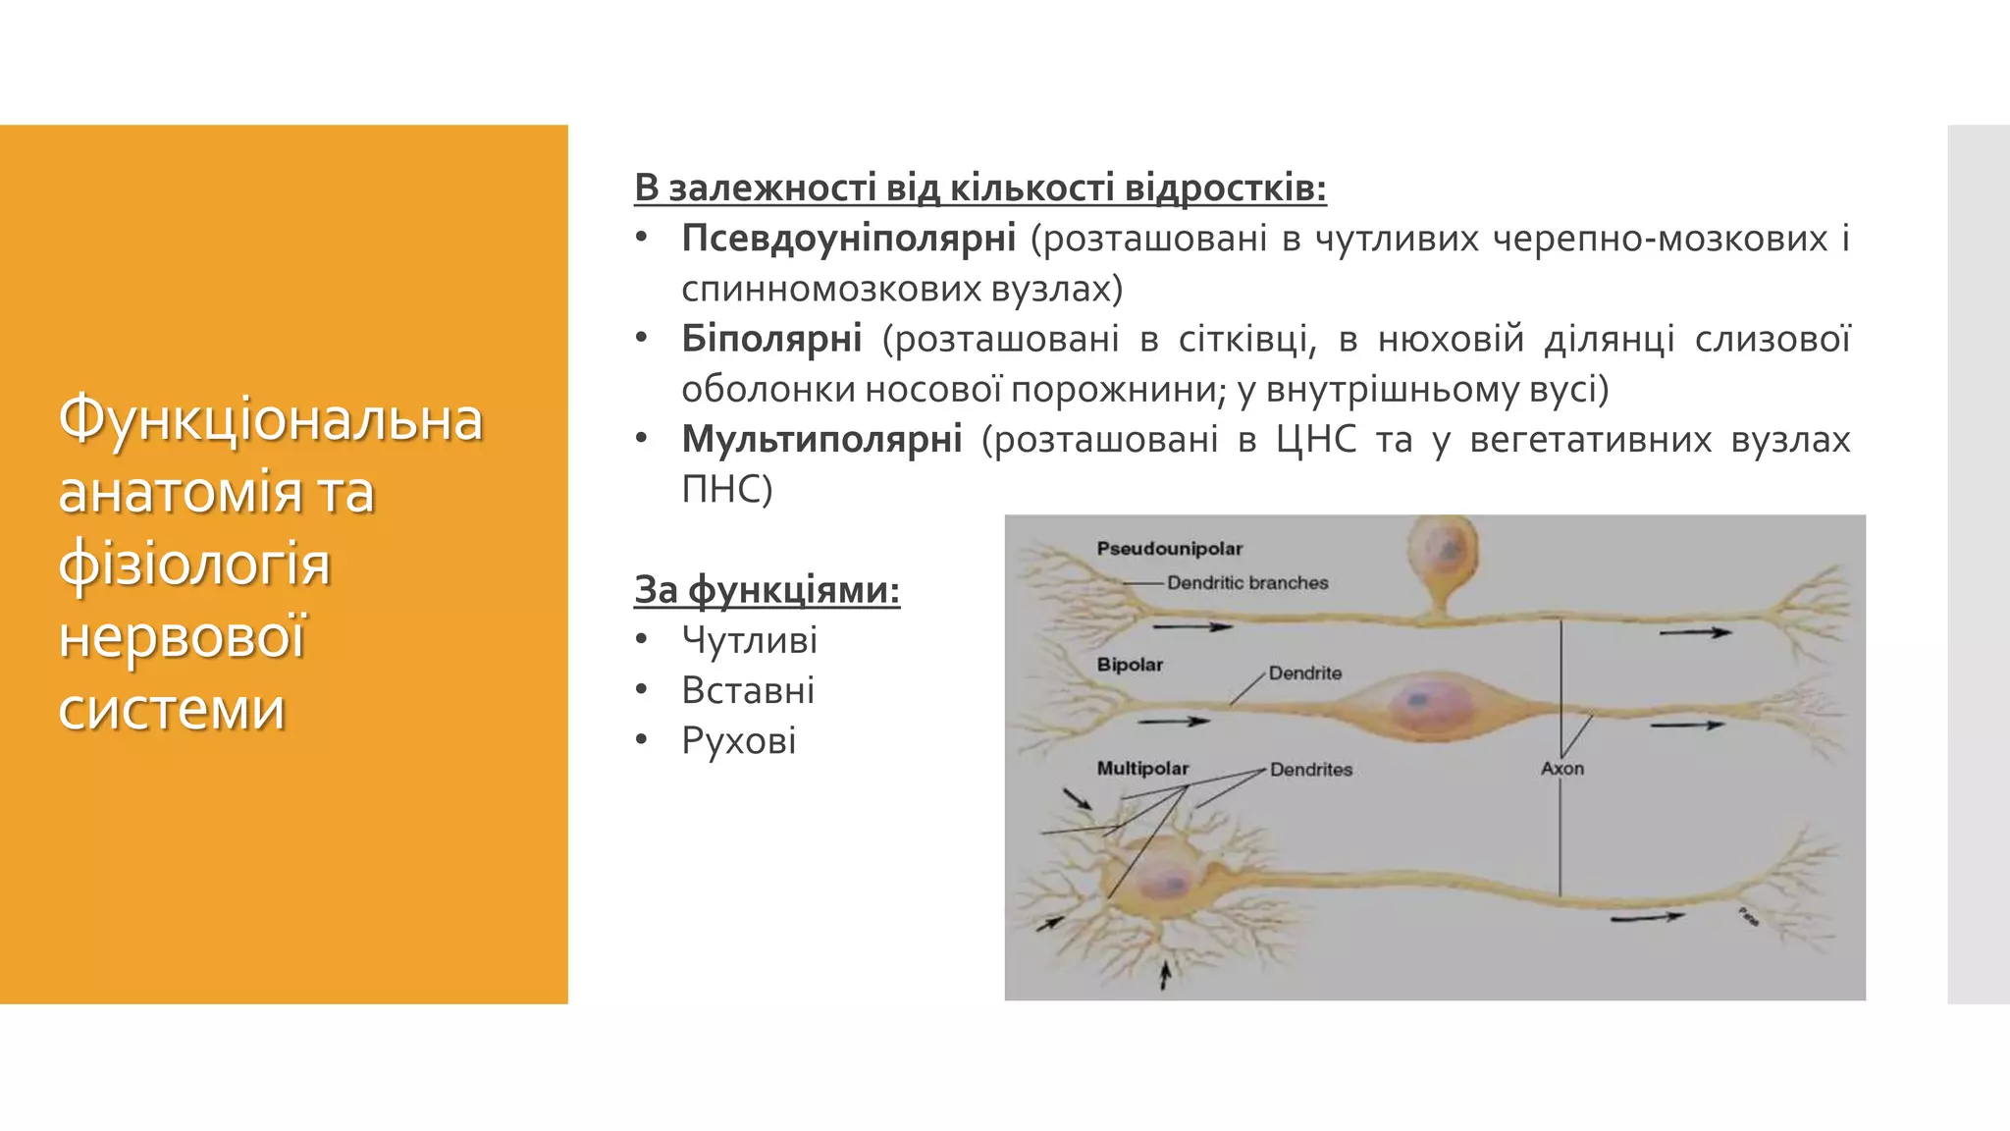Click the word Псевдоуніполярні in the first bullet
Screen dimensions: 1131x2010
848,239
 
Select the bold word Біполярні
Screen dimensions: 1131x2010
771,339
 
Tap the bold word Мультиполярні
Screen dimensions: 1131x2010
821,439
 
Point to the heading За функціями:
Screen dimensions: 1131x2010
767,589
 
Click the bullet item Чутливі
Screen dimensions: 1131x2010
749,640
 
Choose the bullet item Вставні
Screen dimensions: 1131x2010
748,690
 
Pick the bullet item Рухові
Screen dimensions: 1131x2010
738,740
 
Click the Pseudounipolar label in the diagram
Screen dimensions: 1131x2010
1169,549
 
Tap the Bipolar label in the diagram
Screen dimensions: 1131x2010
1130,665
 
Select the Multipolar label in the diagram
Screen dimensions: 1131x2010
1142,769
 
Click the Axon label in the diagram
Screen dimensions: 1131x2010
1561,769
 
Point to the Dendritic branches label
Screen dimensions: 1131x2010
1246,583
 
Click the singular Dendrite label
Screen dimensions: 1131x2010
1304,673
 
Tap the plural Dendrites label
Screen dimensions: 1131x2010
1310,770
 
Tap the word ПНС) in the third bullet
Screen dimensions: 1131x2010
727,489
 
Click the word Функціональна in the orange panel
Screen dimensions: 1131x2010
271,419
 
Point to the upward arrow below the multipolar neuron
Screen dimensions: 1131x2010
1165,975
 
